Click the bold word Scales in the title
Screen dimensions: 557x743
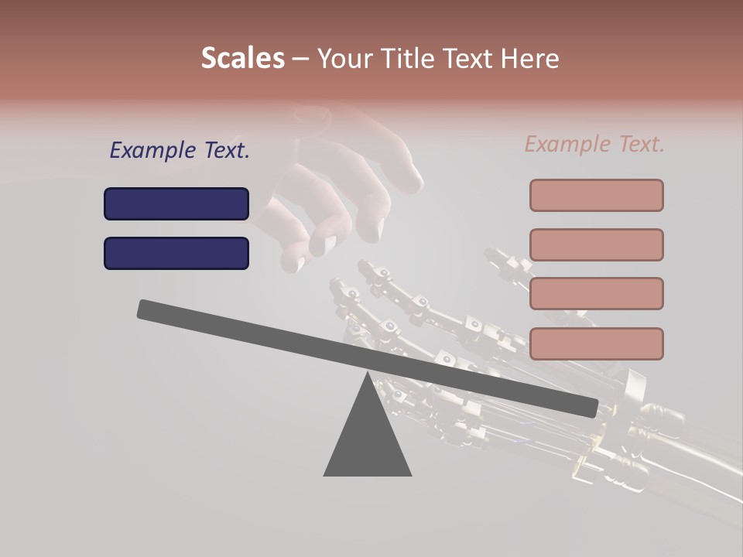coord(242,58)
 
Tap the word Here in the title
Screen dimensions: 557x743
coord(530,58)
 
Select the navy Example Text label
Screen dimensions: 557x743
coord(180,150)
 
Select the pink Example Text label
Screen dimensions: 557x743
coord(594,144)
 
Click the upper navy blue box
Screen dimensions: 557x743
coord(176,203)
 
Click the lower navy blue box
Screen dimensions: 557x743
coord(176,253)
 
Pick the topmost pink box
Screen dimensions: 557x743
coord(596,195)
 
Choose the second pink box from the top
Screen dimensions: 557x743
coord(596,244)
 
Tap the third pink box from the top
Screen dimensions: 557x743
coord(596,293)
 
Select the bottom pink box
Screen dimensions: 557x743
coord(596,343)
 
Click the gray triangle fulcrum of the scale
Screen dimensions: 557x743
coord(368,441)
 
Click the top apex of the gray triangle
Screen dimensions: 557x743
coord(368,374)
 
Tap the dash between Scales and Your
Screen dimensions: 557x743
coord(300,59)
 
